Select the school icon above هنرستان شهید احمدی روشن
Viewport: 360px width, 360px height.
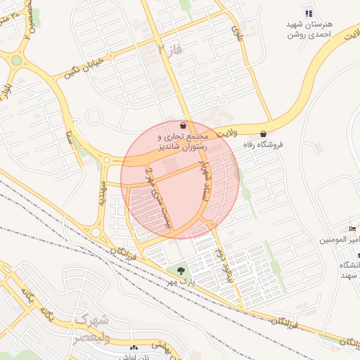(308, 13)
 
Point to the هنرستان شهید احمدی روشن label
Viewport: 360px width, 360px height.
(309, 29)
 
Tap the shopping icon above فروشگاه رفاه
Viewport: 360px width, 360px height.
(264, 134)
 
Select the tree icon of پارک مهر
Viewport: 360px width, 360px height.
(181, 271)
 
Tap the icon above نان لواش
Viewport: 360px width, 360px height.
(134, 347)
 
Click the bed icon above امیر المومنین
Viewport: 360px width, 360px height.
(353, 229)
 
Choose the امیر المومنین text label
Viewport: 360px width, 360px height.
(341, 240)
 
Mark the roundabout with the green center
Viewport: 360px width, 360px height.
(16, 60)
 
